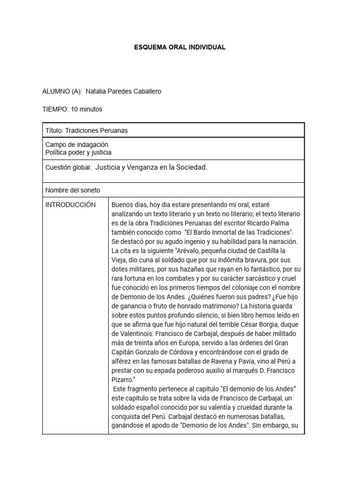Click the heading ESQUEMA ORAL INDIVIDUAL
click(x=180, y=47)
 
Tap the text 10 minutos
click(x=86, y=109)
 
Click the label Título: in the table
click(x=54, y=131)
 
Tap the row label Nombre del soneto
click(x=73, y=190)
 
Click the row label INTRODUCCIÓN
click(x=70, y=205)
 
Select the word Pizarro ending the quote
click(x=123, y=380)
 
